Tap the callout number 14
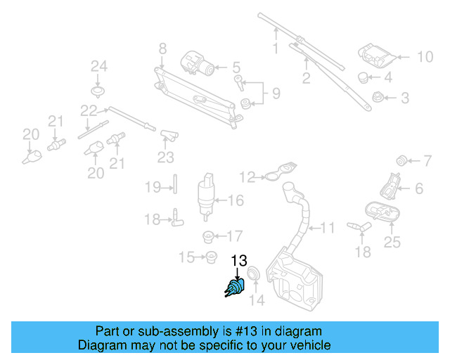(x=257, y=302)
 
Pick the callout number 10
(x=426, y=56)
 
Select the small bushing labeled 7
(x=402, y=158)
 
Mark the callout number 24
(x=98, y=67)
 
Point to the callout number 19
(x=153, y=187)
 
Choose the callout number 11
(x=328, y=228)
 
